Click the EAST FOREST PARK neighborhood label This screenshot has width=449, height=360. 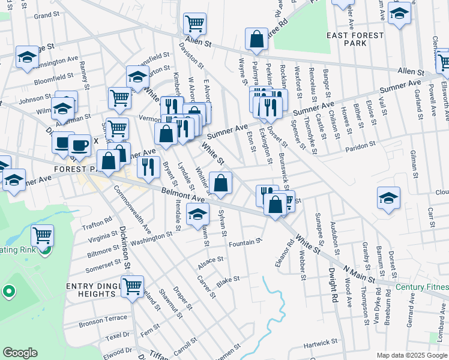coord(355,40)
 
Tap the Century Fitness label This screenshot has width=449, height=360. coord(422,286)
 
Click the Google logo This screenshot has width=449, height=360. coord(20,353)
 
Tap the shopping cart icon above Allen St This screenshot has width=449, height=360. coord(195,24)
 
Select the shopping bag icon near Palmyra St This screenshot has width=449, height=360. coord(256,39)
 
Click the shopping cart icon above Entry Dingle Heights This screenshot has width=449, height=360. coord(132,285)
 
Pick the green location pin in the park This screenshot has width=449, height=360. coord(8,292)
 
